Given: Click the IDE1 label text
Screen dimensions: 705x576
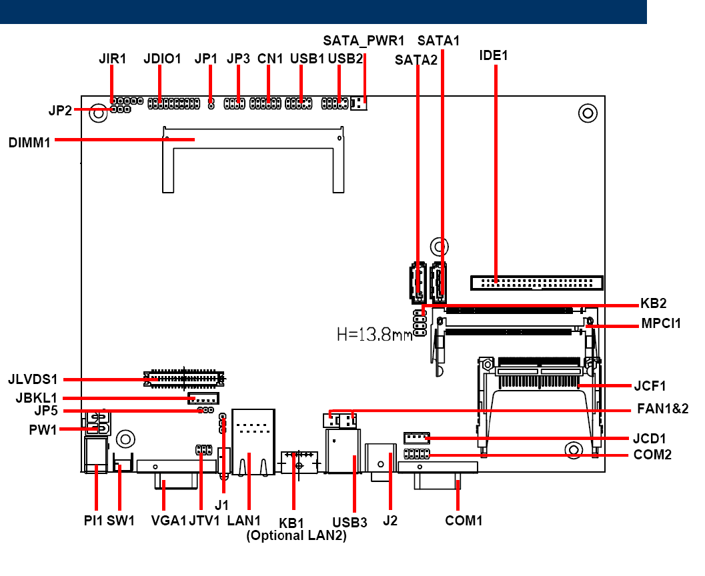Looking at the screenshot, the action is [493, 55].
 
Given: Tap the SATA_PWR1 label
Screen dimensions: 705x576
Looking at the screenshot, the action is [364, 41].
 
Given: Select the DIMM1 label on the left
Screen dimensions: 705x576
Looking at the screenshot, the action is [29, 143].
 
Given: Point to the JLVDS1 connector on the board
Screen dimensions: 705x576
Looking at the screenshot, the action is [183, 379].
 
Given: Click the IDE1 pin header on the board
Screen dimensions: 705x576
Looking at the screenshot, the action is [536, 283].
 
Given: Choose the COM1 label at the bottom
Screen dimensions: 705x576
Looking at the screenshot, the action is [464, 521].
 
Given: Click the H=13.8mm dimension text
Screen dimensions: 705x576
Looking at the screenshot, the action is [375, 334].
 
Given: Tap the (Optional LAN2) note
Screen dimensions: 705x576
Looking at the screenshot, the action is [296, 535].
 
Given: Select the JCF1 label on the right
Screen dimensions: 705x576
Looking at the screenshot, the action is [650, 386].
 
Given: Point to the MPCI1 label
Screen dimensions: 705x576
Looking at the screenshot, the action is [661, 323].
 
